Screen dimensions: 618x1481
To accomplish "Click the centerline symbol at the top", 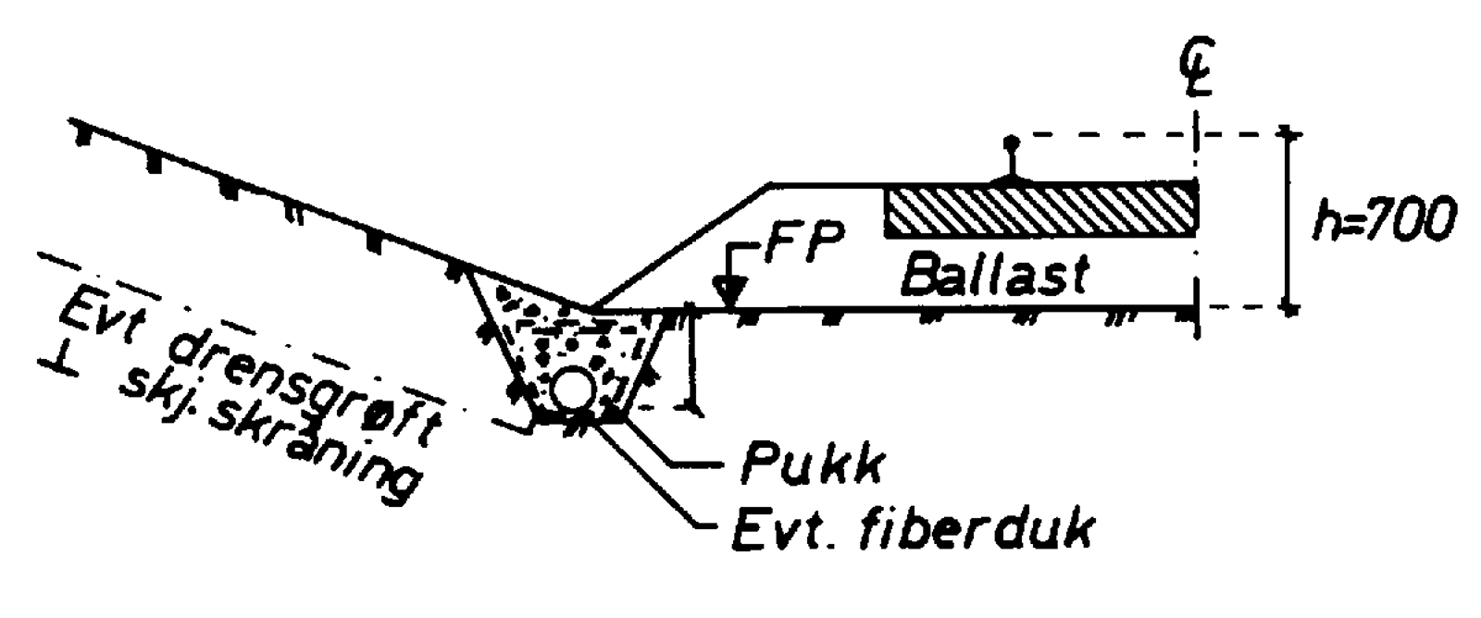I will (1197, 68).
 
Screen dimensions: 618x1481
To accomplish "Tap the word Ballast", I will (995, 274).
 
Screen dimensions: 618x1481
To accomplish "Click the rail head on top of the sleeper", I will (1011, 144).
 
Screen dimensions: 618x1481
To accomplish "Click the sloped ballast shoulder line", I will (685, 245).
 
